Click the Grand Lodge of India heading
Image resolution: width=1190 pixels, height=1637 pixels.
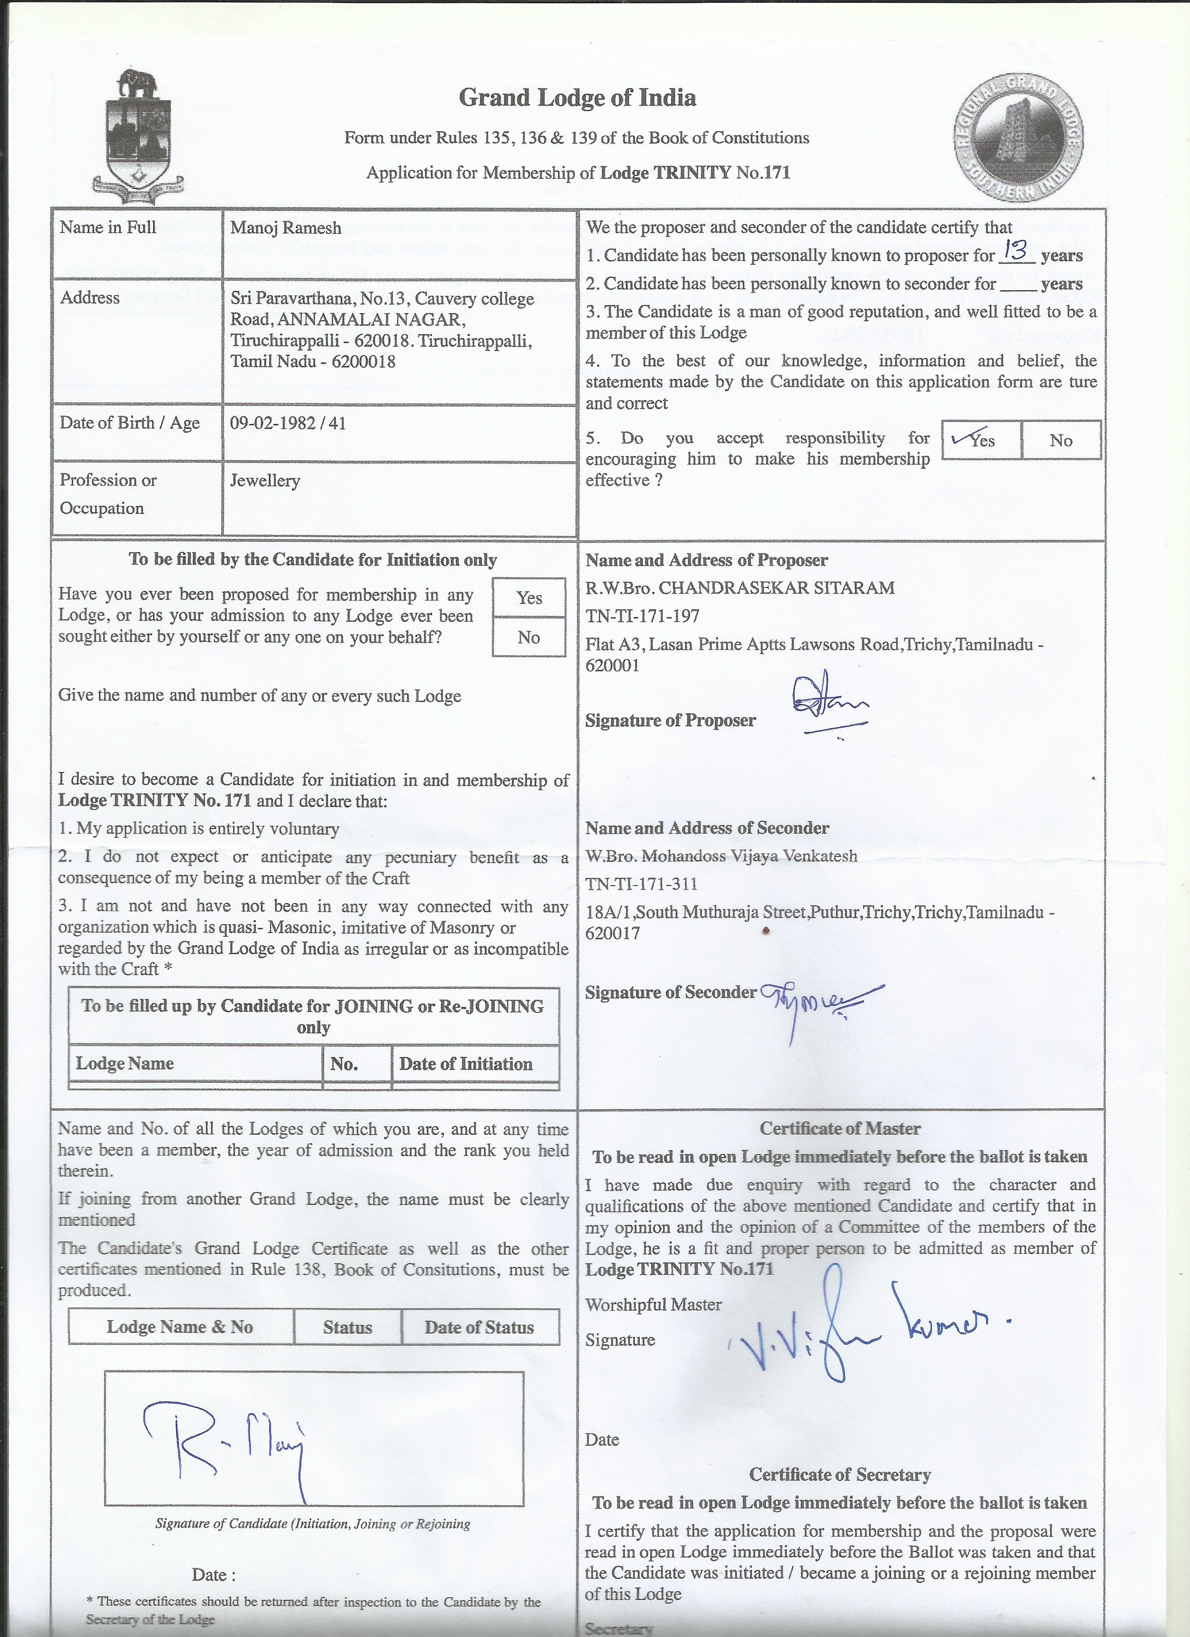[577, 98]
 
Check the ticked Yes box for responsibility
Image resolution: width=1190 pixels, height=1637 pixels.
[981, 440]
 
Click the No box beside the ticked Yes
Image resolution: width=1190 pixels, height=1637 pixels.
[1061, 440]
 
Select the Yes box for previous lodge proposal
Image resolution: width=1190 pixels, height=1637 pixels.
[529, 597]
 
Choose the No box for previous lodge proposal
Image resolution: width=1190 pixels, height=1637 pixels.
[529, 637]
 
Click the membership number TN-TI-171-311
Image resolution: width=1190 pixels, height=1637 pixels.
[642, 884]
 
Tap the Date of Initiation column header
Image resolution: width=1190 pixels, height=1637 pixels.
[465, 1063]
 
